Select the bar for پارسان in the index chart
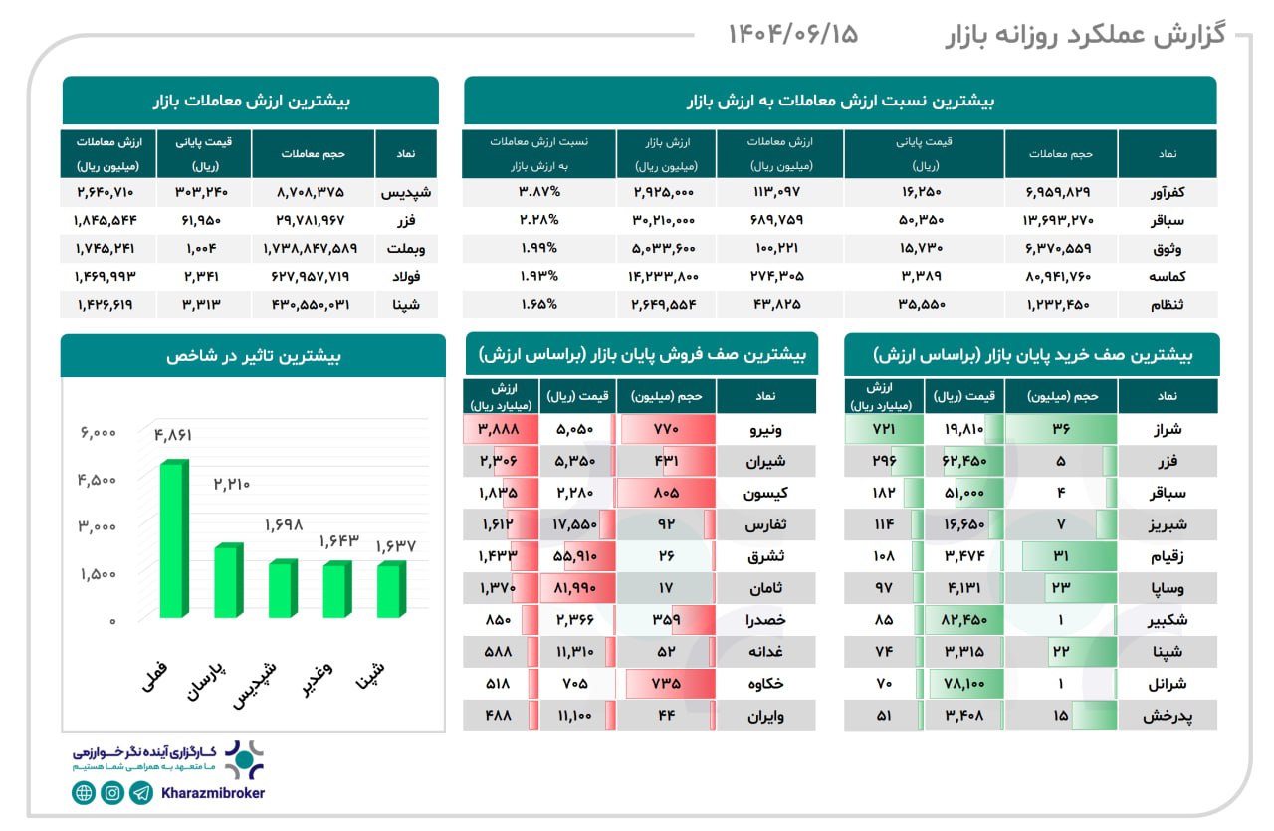pos(228,581)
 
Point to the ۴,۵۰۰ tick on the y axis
pos(97,479)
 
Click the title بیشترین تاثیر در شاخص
pos(253,356)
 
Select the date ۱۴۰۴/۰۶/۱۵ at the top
pos(793,34)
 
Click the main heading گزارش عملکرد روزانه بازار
pos(1084,36)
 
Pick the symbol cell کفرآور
pos(1167,191)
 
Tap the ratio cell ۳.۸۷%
pos(538,191)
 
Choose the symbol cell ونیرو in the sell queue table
pos(765,430)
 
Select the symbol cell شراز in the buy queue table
pos(1167,430)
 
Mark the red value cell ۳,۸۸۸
pos(501,430)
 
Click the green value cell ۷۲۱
pos(883,430)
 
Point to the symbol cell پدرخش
pos(1167,715)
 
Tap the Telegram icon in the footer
pos(142,793)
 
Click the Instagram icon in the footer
pos(112,793)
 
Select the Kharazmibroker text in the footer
pos(213,793)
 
